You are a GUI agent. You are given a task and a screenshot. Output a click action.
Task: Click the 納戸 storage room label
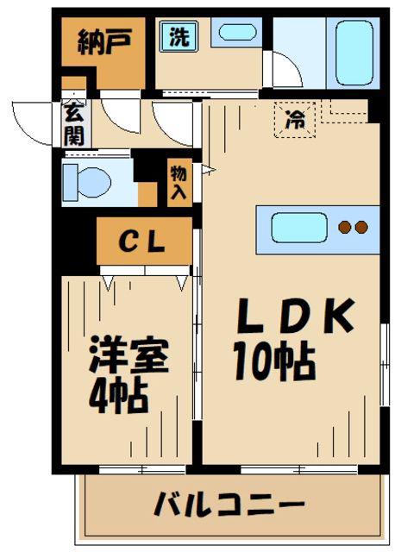104,42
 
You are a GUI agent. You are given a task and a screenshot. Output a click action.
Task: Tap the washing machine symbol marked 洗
179,36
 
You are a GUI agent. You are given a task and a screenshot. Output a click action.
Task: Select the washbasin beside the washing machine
237,33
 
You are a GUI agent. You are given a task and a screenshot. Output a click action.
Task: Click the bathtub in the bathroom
354,53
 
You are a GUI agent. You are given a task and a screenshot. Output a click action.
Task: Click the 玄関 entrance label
74,123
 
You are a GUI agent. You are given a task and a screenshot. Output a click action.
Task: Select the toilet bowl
94,182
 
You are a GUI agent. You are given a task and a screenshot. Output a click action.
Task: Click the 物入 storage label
179,183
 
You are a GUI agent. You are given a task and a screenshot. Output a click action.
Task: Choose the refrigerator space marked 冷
295,120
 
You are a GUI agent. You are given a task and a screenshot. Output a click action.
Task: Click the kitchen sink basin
299,228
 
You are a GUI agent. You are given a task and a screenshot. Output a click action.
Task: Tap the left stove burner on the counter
345,227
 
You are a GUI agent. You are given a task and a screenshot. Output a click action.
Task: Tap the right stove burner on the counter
361,227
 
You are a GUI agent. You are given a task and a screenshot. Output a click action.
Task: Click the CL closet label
142,241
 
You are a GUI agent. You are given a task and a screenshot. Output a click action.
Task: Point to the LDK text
295,316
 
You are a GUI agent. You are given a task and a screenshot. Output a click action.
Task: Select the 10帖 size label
274,361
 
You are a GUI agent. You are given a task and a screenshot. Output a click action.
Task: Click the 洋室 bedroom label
128,354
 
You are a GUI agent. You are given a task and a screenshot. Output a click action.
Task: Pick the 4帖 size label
118,396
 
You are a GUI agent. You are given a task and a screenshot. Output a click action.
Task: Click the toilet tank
70,182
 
